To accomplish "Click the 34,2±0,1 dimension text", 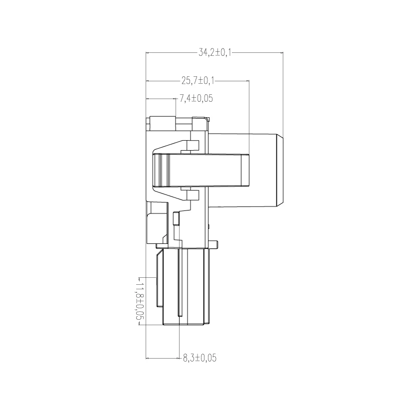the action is (x=215, y=53).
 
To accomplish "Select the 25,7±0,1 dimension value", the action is (x=198, y=81).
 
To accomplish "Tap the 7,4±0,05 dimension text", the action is (x=196, y=98).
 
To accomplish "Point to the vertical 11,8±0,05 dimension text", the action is (x=140, y=301).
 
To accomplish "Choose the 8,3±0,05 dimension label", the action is (x=200, y=358).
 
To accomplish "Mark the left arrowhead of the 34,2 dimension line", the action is (x=148, y=53).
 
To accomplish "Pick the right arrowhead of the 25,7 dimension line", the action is (x=247, y=81).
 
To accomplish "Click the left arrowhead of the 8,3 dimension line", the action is (x=148, y=359).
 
